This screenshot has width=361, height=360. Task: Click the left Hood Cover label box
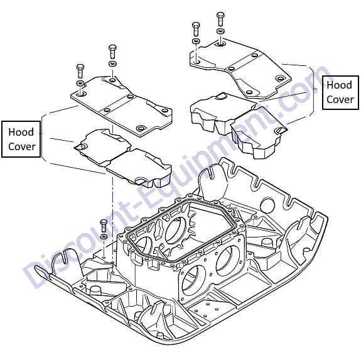click(x=21, y=139)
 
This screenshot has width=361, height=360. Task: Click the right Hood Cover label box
click(x=340, y=92)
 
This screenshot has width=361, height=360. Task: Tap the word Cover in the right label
click(x=340, y=99)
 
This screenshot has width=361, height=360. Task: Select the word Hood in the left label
click(x=21, y=132)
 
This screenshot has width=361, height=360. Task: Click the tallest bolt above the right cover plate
click(x=220, y=18)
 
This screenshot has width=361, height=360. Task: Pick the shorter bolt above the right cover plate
click(x=196, y=29)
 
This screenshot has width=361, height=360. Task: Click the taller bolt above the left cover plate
click(x=112, y=51)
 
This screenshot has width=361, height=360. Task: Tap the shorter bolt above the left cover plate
click(x=80, y=71)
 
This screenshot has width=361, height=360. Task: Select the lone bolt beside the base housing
click(x=104, y=226)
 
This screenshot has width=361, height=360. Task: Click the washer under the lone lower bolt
click(x=104, y=236)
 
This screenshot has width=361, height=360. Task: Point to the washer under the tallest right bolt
click(x=221, y=31)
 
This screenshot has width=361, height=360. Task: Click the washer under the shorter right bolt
click(x=196, y=41)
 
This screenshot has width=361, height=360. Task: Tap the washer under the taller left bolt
click(x=112, y=63)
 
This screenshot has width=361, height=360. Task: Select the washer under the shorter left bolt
click(x=80, y=83)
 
